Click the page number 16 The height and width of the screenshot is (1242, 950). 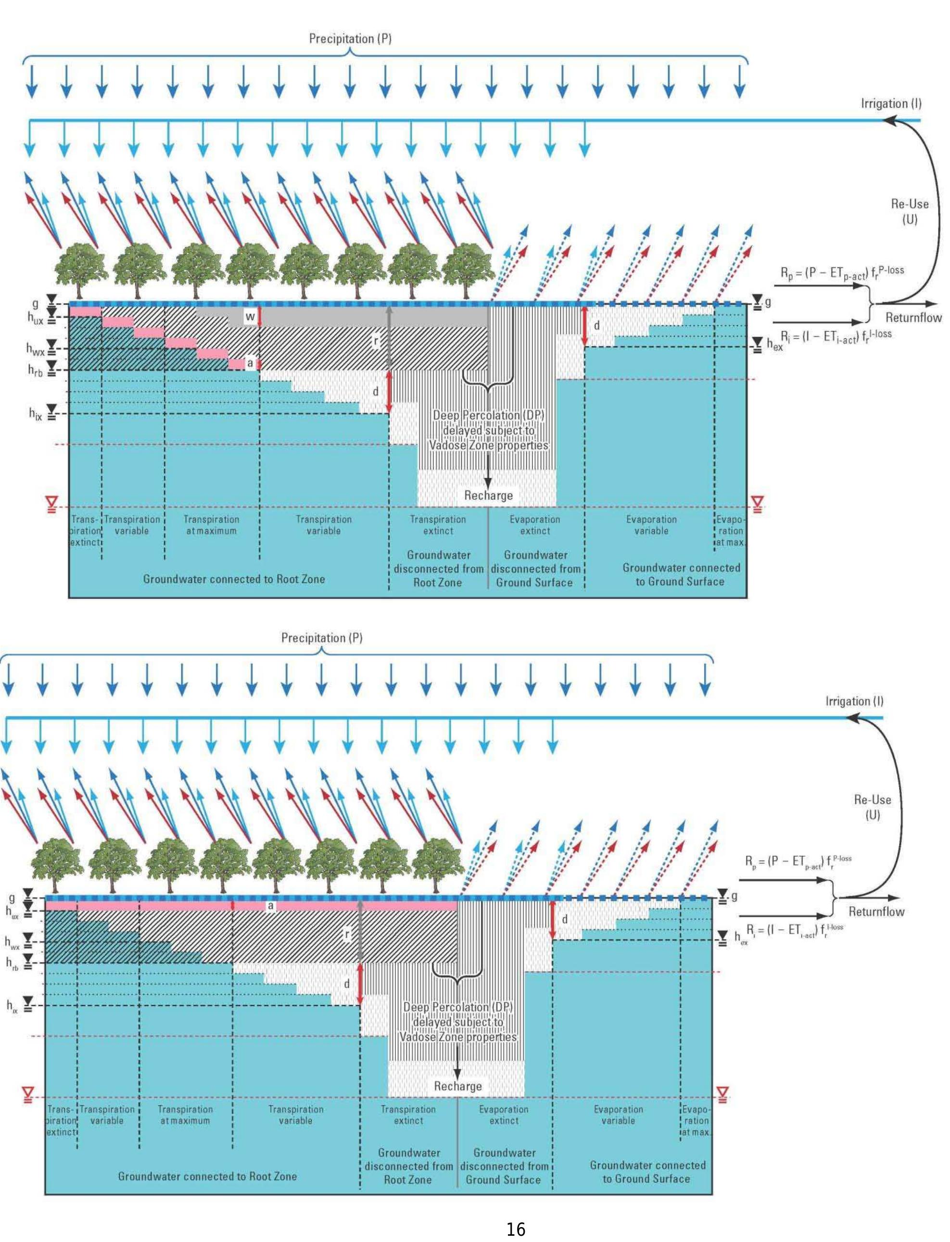tap(515, 1229)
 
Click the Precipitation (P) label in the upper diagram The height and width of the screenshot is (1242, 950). tap(350, 38)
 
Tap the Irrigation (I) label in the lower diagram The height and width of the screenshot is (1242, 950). tap(854, 701)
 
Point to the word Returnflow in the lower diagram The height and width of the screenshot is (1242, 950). tap(876, 911)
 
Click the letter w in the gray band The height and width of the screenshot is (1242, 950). tap(249, 317)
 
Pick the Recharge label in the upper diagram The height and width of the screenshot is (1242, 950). tap(488, 495)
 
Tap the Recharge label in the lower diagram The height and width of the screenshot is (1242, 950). tap(457, 1085)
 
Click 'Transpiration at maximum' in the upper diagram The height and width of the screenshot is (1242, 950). tap(211, 525)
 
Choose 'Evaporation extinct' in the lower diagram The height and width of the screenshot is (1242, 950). tap(503, 1115)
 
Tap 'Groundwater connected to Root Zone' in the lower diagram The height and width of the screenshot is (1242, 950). tap(207, 1176)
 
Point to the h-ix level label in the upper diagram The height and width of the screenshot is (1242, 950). tap(35, 413)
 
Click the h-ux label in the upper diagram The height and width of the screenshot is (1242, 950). tap(35, 318)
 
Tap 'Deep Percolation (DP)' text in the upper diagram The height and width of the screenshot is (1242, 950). tap(488, 415)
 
